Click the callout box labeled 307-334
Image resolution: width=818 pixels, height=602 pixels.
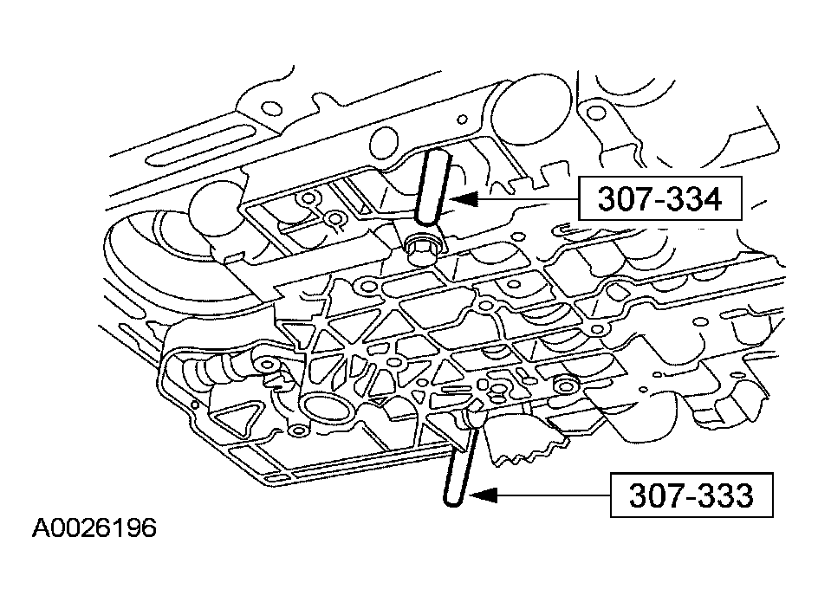[x=660, y=198]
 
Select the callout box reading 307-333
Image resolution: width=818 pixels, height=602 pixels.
[x=691, y=495]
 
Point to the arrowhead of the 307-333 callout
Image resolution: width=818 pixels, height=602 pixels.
[x=483, y=495]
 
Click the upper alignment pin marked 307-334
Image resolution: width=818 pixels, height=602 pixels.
[x=431, y=187]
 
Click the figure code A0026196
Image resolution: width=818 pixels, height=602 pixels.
[x=94, y=528]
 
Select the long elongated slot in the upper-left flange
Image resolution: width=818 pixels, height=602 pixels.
[x=198, y=144]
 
